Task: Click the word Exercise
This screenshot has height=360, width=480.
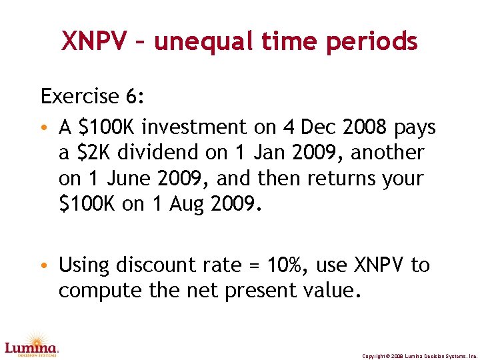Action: [79, 97]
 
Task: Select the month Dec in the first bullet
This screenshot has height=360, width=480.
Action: [319, 127]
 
